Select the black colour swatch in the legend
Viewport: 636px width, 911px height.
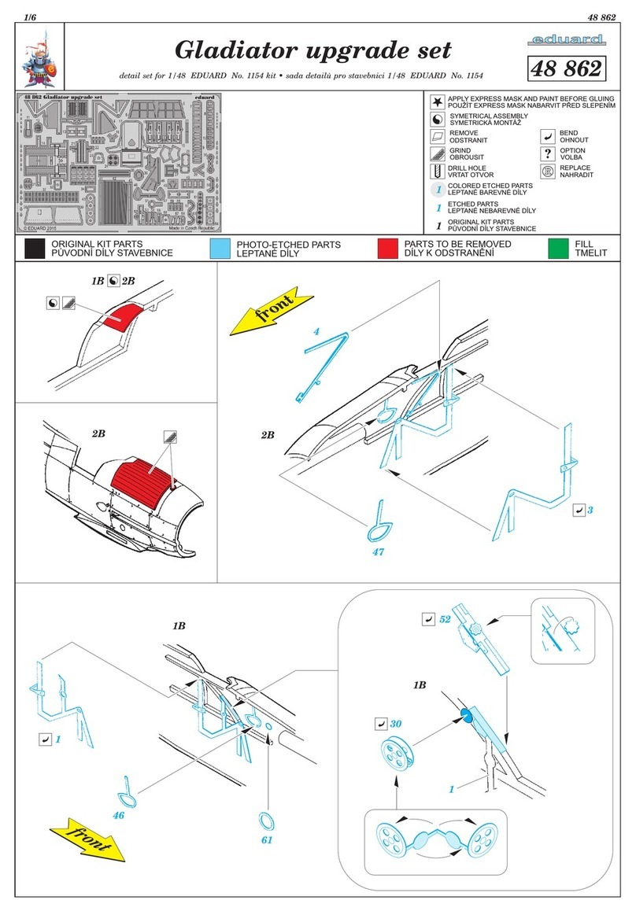(x=33, y=249)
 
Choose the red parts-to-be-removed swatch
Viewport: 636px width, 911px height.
(x=387, y=249)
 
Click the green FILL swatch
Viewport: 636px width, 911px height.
(x=558, y=249)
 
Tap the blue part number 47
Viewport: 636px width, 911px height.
(x=379, y=551)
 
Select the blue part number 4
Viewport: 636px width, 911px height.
(x=316, y=332)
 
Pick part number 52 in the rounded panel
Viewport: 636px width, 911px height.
(x=444, y=619)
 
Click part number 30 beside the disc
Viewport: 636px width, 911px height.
(x=396, y=723)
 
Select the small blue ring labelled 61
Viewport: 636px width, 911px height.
(x=268, y=821)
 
